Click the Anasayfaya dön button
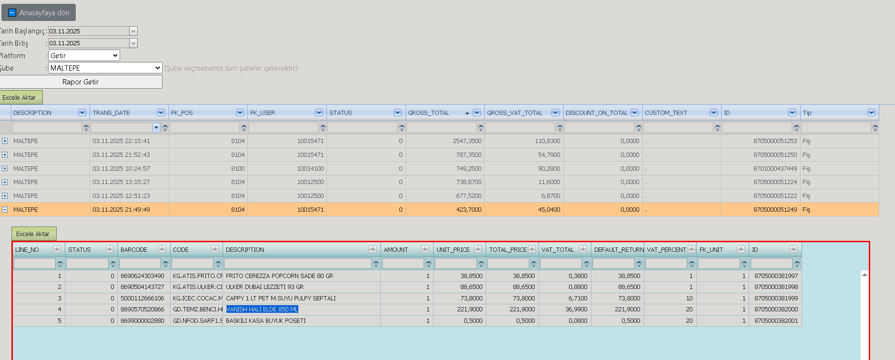39,13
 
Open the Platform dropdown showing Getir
84,56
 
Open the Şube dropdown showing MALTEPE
105,68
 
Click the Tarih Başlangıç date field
89,31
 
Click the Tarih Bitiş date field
89,43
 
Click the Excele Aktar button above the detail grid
33,234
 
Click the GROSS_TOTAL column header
428,113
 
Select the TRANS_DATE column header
112,113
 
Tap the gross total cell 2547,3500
467,141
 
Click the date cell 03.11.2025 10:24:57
121,169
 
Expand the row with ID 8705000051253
5,141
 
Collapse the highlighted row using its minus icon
5,209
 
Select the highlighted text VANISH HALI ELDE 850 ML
262,309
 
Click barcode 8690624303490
142,276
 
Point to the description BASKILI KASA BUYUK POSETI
266,321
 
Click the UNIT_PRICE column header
453,250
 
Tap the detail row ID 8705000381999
776,298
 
